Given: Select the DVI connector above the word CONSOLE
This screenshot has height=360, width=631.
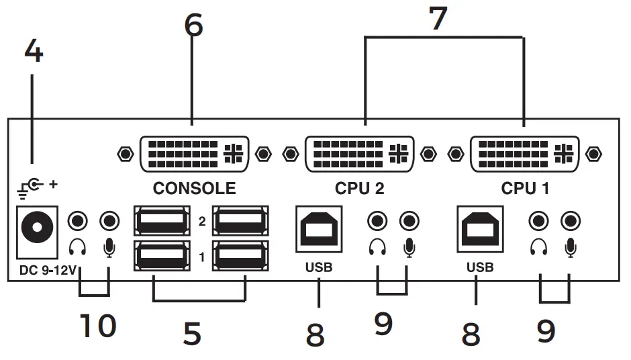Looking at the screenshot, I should tap(194, 154).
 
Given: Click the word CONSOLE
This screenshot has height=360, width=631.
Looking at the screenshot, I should tap(194, 188).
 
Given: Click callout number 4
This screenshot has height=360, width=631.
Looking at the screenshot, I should tap(34, 51).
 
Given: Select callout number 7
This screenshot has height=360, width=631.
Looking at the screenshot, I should tap(437, 18).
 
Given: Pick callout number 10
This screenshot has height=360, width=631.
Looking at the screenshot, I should tap(98, 326).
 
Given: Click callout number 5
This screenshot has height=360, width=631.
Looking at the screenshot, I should tap(193, 334).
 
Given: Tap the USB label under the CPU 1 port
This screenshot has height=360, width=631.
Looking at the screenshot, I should tap(480, 267).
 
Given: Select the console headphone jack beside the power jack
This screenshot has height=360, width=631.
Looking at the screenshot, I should tap(79, 220).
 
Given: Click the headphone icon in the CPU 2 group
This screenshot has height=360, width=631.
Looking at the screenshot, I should tap(378, 249).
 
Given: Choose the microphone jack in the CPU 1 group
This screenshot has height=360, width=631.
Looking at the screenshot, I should tap(571, 220).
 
